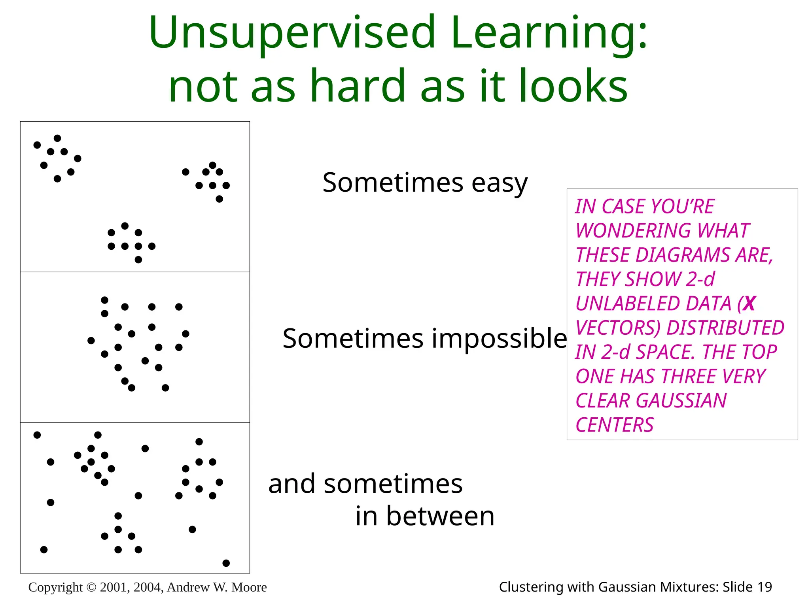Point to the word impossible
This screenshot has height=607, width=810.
tap(499, 339)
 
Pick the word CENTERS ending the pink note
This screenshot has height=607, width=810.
tap(614, 425)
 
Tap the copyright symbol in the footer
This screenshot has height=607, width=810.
tap(91, 588)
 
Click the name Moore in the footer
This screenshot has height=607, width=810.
tap(249, 588)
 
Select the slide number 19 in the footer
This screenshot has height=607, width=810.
tap(765, 587)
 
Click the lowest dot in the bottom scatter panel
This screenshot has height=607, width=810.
tap(226, 563)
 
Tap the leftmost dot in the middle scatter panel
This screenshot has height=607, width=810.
tap(91, 341)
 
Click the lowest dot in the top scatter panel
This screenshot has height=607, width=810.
tap(138, 260)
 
